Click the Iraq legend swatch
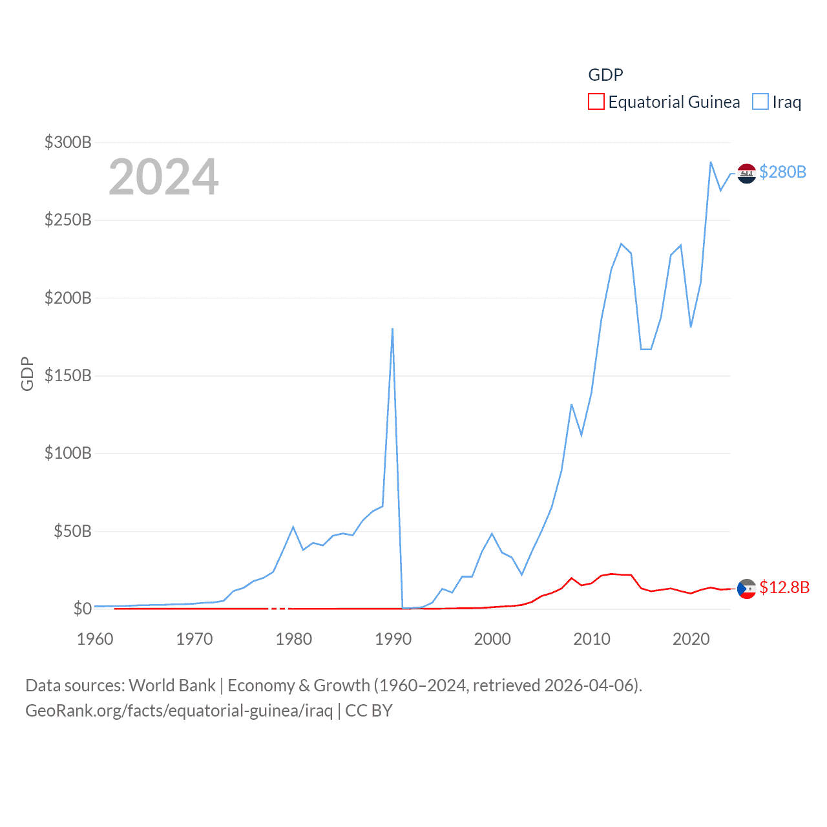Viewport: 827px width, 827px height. [x=760, y=102]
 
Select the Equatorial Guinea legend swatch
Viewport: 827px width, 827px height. [x=596, y=102]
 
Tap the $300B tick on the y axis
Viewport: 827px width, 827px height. [x=68, y=142]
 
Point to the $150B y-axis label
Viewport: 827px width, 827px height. [x=68, y=375]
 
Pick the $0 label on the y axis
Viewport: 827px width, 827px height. [x=82, y=609]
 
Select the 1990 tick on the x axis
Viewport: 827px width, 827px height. [x=393, y=639]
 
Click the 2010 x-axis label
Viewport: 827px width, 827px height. [x=592, y=639]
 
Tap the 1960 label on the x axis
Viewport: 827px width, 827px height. [x=95, y=639]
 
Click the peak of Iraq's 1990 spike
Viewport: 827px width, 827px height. [x=392, y=329]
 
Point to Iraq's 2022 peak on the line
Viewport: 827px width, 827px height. [x=711, y=162]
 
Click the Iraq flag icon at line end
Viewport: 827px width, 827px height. [x=746, y=173]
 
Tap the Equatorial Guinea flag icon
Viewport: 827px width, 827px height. [x=746, y=589]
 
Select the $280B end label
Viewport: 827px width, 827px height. [x=782, y=172]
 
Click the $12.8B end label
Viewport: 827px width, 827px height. [x=784, y=587]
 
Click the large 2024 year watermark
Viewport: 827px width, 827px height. [x=163, y=177]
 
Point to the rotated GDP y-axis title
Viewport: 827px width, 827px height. [x=27, y=373]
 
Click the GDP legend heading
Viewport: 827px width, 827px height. [x=605, y=75]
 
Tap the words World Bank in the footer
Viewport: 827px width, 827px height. [x=172, y=686]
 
